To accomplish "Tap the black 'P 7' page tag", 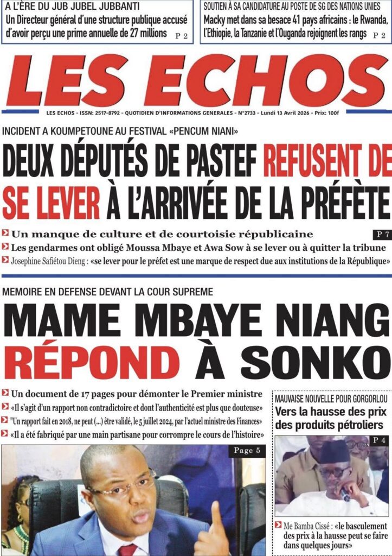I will click(x=381, y=235).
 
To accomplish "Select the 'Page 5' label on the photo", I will click(x=247, y=451).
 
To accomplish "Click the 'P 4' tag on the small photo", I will click(x=377, y=440).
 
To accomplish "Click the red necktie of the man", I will click(x=128, y=549).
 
